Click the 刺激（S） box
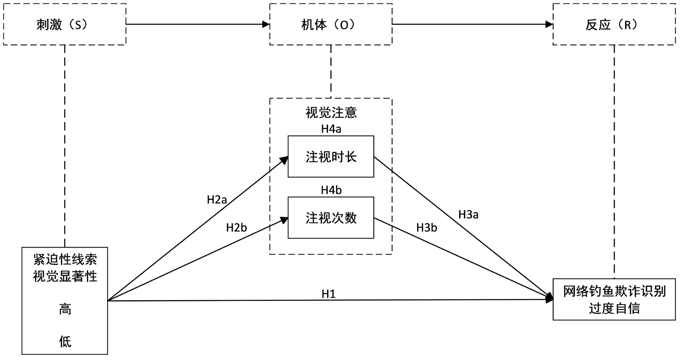pyautogui.click(x=65, y=24)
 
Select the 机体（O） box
pyautogui.click(x=331, y=24)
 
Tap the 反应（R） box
pyautogui.click(x=614, y=24)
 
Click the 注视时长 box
pyautogui.click(x=331, y=157)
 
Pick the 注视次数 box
pyautogui.click(x=331, y=217)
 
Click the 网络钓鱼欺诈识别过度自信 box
pyautogui.click(x=614, y=299)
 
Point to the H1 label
pyautogui.click(x=329, y=294)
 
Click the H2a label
pyautogui.click(x=217, y=200)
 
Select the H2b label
pyautogui.click(x=236, y=228)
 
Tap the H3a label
pyautogui.click(x=468, y=215)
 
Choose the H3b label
pyautogui.click(x=426, y=228)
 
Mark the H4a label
pyautogui.click(x=331, y=129)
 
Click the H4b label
pyautogui.click(x=331, y=190)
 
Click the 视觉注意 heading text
pyautogui.click(x=331, y=112)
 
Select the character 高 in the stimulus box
pyautogui.click(x=65, y=309)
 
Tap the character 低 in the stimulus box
pyautogui.click(x=65, y=341)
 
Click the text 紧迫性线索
pyautogui.click(x=65, y=259)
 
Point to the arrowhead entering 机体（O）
pyautogui.click(x=266, y=24)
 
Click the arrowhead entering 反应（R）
pyautogui.click(x=549, y=24)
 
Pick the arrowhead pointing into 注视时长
pyautogui.click(x=284, y=160)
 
